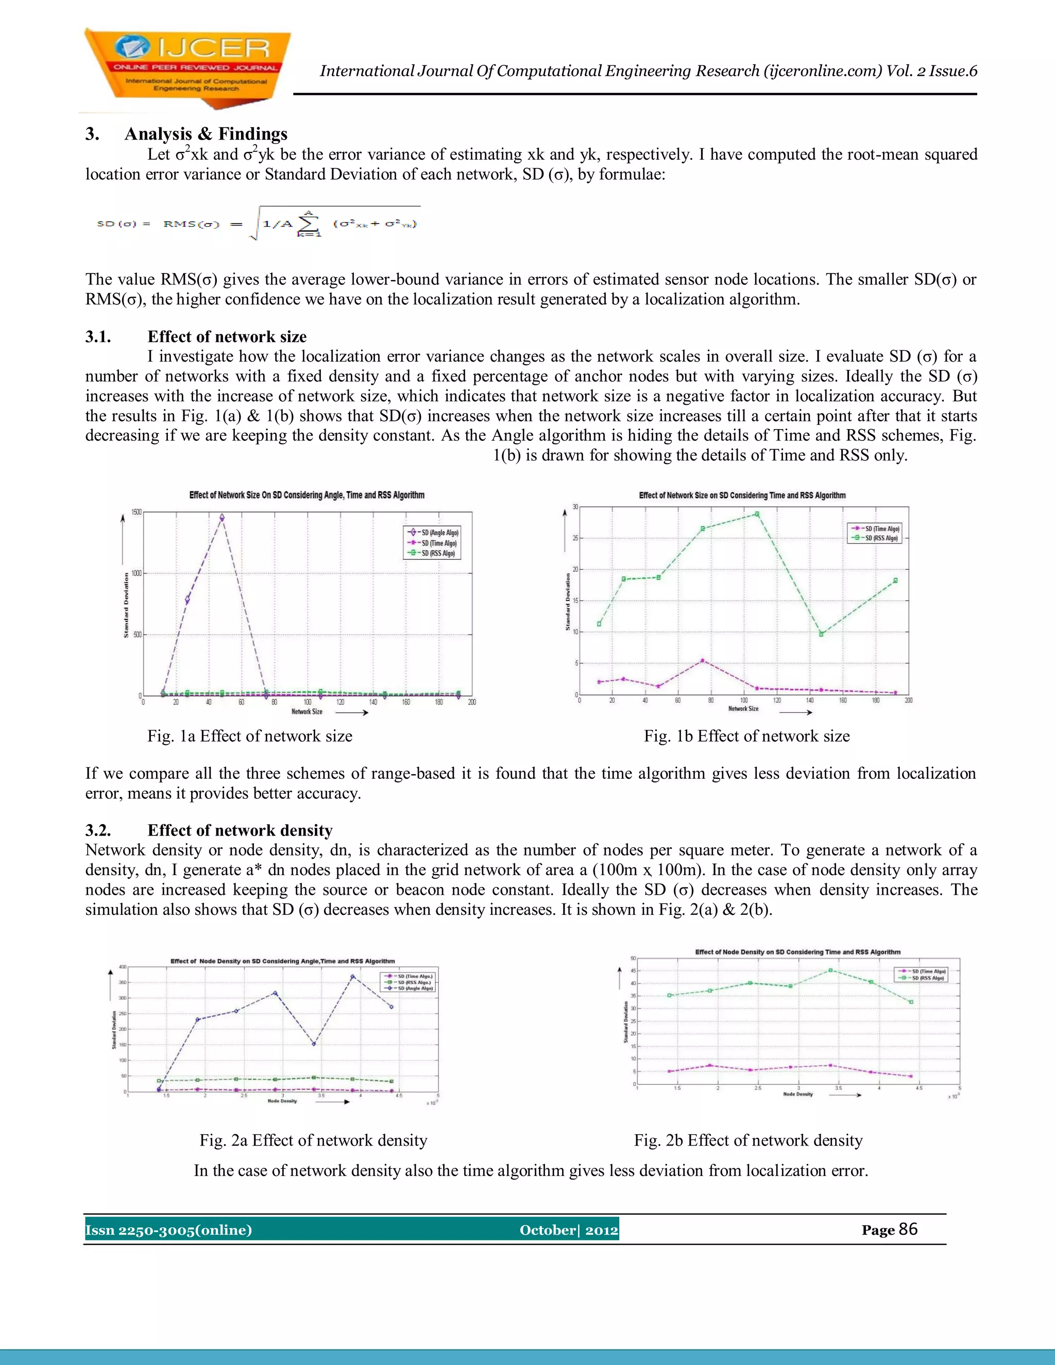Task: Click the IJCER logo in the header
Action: click(188, 67)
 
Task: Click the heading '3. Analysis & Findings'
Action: click(186, 134)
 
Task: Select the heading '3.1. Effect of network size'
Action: click(196, 337)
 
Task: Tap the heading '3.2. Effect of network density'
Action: click(209, 830)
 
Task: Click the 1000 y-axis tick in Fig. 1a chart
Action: click(136, 573)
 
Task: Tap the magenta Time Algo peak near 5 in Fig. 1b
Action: click(703, 661)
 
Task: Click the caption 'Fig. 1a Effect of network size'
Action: click(249, 736)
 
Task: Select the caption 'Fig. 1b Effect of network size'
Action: click(747, 736)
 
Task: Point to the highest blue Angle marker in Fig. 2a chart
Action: click(352, 976)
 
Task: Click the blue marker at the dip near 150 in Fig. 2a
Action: click(314, 1044)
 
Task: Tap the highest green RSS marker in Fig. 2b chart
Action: click(830, 970)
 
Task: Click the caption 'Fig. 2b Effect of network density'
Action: click(748, 1140)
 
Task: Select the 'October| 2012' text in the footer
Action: click(568, 1230)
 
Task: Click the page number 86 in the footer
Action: click(908, 1230)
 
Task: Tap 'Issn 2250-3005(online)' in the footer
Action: click(169, 1230)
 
